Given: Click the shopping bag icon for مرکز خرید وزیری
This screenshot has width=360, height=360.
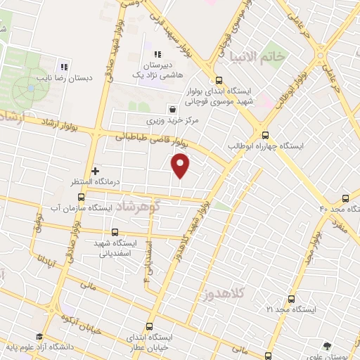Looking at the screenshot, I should click(x=172, y=108).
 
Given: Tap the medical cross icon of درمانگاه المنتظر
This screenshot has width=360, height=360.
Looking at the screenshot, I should click(x=96, y=170).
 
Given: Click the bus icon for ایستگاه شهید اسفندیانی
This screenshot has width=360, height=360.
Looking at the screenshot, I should click(x=115, y=232).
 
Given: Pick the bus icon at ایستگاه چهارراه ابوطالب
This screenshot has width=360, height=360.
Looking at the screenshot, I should click(x=265, y=136).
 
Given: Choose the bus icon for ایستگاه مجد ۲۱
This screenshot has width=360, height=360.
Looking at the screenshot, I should click(x=291, y=298).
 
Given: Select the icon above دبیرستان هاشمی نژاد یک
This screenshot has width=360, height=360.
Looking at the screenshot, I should click(x=157, y=54).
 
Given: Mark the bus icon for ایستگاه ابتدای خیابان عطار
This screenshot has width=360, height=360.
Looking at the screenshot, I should click(x=148, y=326).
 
